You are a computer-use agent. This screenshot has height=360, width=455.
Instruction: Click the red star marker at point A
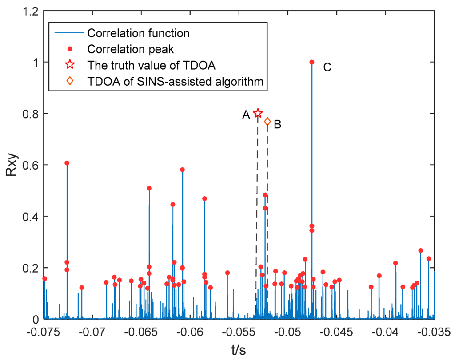(258, 114)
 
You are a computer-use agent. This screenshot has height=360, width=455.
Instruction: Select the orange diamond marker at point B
(267, 122)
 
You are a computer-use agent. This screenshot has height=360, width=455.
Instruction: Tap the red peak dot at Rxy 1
(312, 62)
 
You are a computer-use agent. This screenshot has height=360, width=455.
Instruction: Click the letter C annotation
(327, 67)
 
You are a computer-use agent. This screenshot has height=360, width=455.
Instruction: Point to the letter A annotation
(246, 115)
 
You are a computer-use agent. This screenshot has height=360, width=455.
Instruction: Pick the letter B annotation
(278, 124)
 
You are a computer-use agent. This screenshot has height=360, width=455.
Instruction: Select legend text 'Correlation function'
(138, 33)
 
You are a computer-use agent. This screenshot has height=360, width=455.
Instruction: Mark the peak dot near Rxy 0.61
(67, 163)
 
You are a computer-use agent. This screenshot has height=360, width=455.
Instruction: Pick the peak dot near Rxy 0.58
(182, 170)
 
